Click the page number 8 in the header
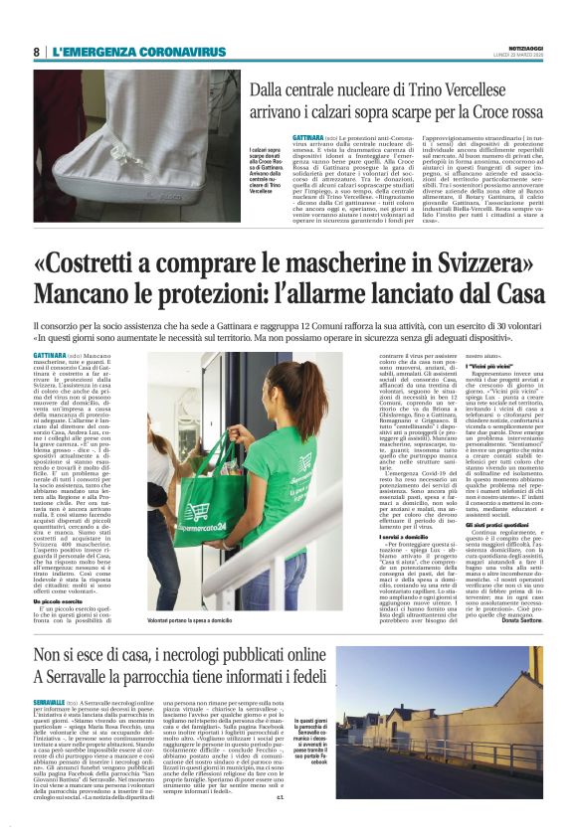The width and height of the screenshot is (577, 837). pyautogui.click(x=36, y=52)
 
